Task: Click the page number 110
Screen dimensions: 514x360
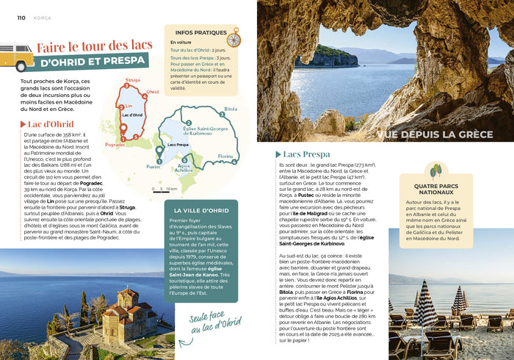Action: tap(21, 18)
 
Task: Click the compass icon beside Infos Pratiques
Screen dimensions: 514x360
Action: tap(234, 37)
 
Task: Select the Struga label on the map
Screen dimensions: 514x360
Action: tap(132, 79)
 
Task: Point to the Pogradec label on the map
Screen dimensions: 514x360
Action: tap(115, 145)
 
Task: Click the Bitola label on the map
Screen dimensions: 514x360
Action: tap(231, 109)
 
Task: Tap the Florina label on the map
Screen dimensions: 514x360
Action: tap(226, 156)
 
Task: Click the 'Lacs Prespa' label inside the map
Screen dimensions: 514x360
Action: tap(178, 145)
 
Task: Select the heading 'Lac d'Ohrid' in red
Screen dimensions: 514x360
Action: tap(50, 124)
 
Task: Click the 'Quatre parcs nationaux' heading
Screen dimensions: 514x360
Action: tap(436, 190)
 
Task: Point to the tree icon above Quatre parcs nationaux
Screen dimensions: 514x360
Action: tap(435, 171)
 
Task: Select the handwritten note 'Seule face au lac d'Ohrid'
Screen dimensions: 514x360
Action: tap(215, 329)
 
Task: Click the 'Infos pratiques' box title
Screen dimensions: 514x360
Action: tap(197, 32)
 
